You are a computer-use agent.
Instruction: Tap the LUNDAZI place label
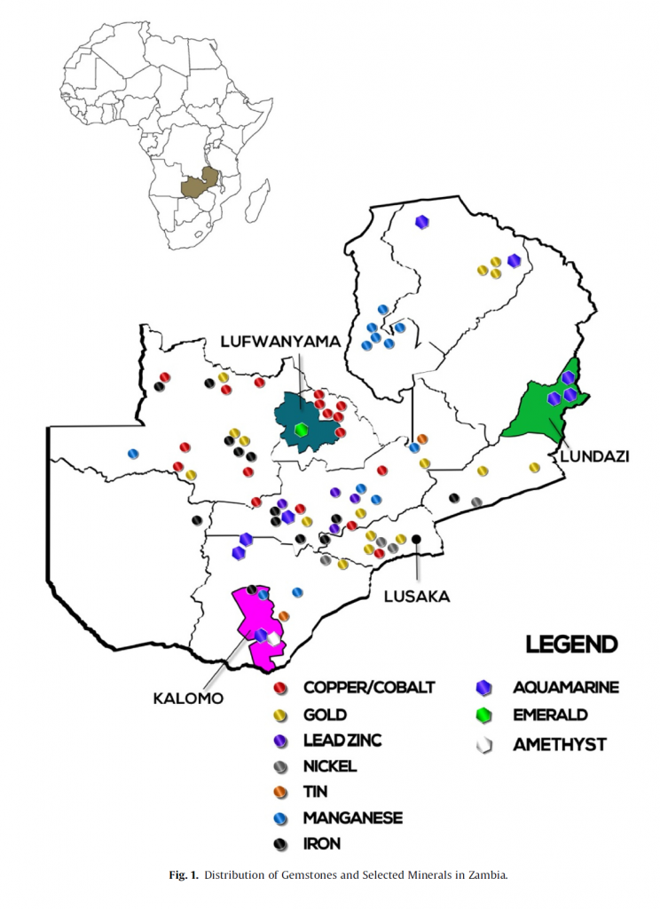point(594,455)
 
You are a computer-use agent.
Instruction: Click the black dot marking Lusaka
point(416,539)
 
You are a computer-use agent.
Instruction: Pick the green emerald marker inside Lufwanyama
point(302,431)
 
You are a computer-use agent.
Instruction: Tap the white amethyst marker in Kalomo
point(274,639)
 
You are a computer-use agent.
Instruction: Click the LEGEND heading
point(572,644)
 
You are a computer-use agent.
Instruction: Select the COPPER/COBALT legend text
point(369,687)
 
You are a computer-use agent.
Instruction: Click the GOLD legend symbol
point(280,715)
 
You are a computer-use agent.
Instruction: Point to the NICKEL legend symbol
point(280,767)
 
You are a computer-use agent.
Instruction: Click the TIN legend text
point(316,793)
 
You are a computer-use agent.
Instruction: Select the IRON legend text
point(322,845)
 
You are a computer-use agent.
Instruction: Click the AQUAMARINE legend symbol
point(484,688)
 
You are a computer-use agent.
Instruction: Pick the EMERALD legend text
point(550,715)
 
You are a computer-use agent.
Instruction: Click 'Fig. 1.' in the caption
point(184,875)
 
